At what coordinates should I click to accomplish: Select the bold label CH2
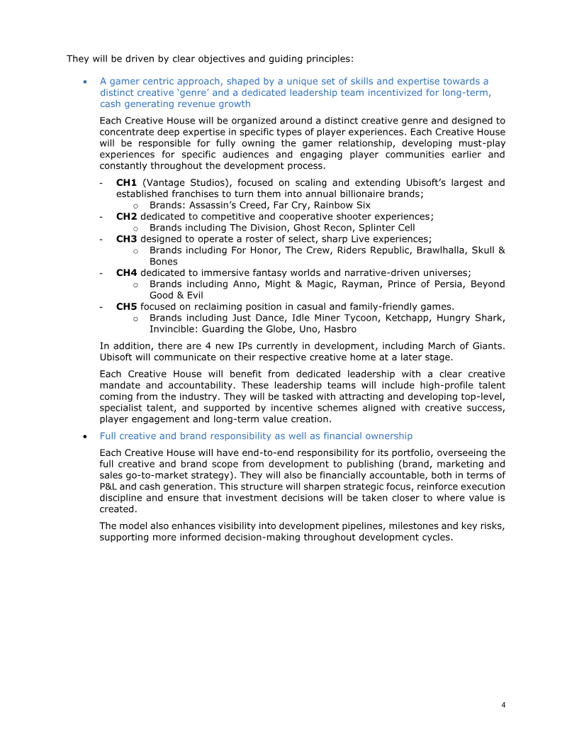click(x=126, y=216)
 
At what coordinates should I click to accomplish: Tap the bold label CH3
click(x=126, y=239)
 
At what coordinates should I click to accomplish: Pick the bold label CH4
click(x=126, y=272)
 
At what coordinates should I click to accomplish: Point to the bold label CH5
click(x=126, y=306)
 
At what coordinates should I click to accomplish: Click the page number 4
click(x=503, y=705)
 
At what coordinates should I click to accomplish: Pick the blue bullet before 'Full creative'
click(x=85, y=436)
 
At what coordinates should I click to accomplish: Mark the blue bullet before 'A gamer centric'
click(x=85, y=82)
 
